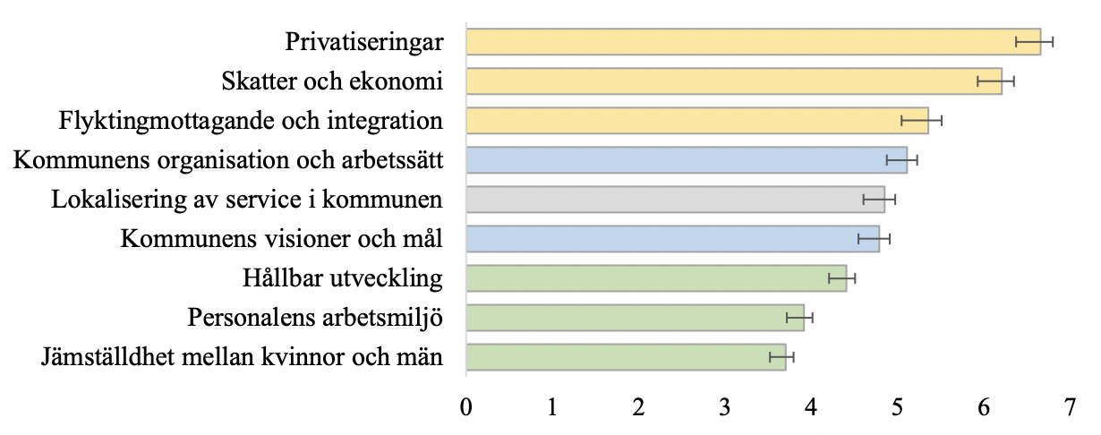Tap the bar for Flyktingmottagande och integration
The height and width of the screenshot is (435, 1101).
point(696,120)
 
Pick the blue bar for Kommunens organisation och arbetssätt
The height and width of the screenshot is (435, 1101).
point(686,159)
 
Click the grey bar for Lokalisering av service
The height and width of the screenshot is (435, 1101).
point(675,199)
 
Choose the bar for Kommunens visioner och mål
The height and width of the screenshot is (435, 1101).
point(672,239)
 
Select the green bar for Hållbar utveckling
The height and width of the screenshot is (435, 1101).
point(655,278)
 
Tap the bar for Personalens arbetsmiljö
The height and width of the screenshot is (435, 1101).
point(635,318)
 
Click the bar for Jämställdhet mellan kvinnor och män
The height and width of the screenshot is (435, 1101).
point(626,357)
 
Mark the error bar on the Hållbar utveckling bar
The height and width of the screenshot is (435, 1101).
point(841,278)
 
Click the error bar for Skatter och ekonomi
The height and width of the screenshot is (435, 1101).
point(994,81)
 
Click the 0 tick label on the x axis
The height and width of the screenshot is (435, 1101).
point(466,408)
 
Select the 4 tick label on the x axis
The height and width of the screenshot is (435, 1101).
point(811,408)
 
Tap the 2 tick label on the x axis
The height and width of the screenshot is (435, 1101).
point(639,408)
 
